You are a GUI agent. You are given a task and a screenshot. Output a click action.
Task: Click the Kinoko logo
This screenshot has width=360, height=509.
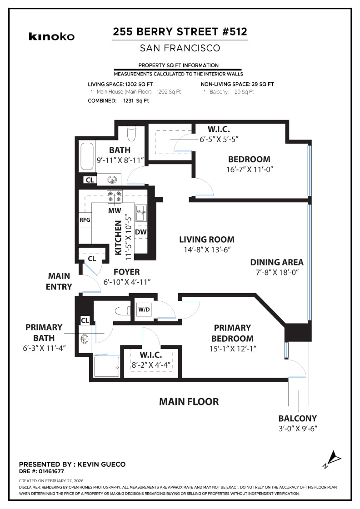click(x=51, y=36)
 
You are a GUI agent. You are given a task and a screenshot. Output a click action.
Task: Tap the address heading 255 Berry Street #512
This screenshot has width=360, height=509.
click(x=180, y=32)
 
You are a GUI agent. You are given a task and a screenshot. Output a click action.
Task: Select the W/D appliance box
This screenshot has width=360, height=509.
click(x=143, y=310)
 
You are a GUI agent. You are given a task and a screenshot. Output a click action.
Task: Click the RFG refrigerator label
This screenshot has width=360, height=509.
click(x=85, y=220)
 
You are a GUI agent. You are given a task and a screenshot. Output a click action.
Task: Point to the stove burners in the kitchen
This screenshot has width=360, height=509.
click(x=115, y=196)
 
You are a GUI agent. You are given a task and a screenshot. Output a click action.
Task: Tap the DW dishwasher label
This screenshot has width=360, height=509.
click(x=140, y=232)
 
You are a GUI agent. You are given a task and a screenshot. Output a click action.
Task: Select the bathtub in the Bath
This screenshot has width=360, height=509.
click(x=87, y=157)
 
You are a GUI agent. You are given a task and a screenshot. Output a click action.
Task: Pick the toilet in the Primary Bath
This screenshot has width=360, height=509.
click(x=122, y=311)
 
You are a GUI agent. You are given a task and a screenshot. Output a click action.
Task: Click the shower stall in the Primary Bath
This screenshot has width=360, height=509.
click(x=106, y=366)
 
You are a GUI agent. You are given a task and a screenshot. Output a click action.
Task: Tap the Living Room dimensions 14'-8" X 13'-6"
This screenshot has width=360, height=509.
click(x=207, y=249)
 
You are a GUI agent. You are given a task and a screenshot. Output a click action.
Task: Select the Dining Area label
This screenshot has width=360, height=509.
click(x=276, y=262)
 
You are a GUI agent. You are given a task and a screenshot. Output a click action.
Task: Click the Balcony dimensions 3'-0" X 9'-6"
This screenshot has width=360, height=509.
click(x=298, y=429)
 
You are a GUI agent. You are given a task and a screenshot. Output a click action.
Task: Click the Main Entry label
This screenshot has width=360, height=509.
click(x=59, y=281)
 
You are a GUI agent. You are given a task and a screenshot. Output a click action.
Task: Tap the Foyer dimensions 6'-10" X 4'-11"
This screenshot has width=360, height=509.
click(x=127, y=282)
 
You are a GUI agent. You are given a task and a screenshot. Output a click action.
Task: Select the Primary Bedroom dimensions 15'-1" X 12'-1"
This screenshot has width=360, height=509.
click(x=232, y=349)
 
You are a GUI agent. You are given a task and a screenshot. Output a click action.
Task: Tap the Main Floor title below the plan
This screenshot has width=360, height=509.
click(x=189, y=402)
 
